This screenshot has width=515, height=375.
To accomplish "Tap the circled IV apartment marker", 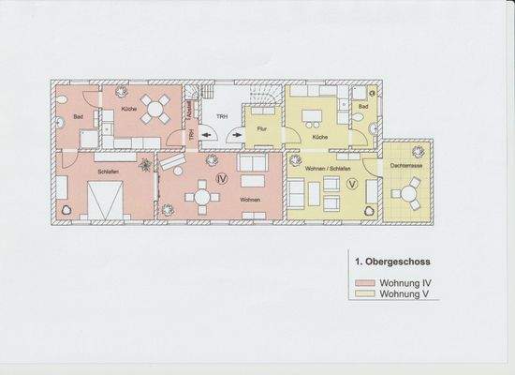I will click(222, 176).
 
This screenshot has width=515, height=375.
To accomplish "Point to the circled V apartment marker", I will click(352, 185).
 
